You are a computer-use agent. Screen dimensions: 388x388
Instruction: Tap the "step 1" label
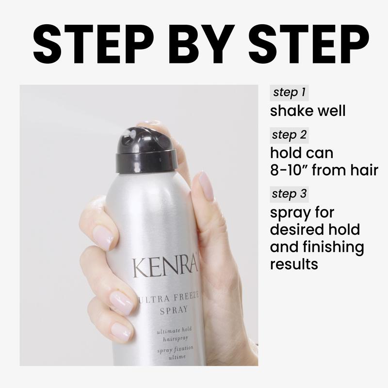pos(289,92)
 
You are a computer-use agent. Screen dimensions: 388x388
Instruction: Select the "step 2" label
pos(289,135)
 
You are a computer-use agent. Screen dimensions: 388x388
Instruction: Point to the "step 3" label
pos(289,194)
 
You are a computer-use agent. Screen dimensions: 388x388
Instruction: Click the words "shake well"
pos(307,111)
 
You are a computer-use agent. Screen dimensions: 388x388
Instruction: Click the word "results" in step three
pos(294,264)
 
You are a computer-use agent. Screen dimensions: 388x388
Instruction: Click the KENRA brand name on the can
pos(165,267)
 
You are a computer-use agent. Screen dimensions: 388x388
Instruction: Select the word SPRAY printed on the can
pos(174,310)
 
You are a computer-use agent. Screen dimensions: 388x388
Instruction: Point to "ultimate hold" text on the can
pos(174,330)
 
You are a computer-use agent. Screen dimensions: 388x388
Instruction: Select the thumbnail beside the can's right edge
pos(207,186)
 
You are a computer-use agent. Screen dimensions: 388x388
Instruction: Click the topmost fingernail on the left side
pos(103,238)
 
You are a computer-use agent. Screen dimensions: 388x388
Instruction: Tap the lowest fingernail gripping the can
pos(121,332)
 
